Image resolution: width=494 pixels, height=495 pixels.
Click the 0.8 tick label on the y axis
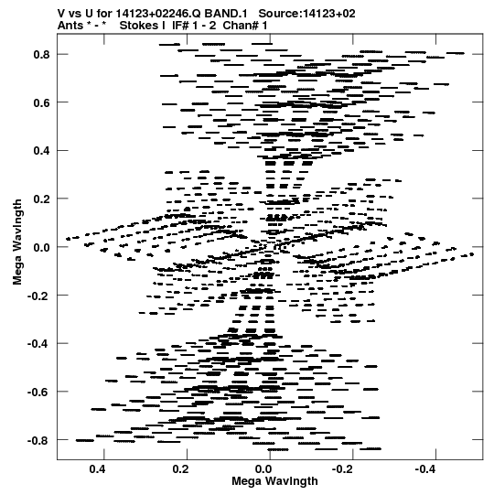(x=42, y=55)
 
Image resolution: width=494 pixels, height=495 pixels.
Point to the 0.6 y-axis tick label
(x=42, y=102)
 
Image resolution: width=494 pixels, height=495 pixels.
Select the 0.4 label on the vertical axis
(x=42, y=151)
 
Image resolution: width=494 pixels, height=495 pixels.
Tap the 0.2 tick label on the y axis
(x=42, y=199)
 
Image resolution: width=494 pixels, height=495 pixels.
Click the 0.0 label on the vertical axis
(x=42, y=247)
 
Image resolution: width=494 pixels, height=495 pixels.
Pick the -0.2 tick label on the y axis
(x=38, y=296)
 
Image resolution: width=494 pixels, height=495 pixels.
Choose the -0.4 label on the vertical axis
(x=38, y=344)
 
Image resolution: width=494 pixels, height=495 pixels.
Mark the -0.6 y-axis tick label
(x=38, y=393)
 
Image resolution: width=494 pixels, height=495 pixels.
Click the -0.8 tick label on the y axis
(x=38, y=440)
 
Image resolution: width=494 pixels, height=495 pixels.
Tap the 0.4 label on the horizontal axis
(x=98, y=469)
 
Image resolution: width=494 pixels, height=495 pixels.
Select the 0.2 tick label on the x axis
(x=181, y=469)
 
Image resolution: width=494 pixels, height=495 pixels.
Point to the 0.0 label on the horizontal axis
(x=263, y=469)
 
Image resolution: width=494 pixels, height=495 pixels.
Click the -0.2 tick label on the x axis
(x=344, y=469)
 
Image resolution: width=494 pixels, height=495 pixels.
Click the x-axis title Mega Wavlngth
(x=274, y=482)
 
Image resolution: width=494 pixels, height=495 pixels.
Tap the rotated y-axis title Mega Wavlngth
(x=17, y=242)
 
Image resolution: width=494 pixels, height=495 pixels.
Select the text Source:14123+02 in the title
(x=306, y=14)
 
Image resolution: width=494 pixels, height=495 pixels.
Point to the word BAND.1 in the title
(x=226, y=14)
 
